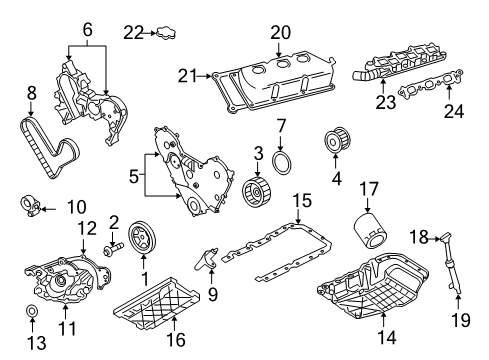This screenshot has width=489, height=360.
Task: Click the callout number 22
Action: pyautogui.click(x=134, y=34)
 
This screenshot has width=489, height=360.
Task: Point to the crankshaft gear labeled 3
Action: pyautogui.click(x=258, y=191)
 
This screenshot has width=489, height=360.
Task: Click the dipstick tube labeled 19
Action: pyautogui.click(x=454, y=275)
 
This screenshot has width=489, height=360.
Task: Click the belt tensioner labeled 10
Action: pyautogui.click(x=31, y=207)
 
